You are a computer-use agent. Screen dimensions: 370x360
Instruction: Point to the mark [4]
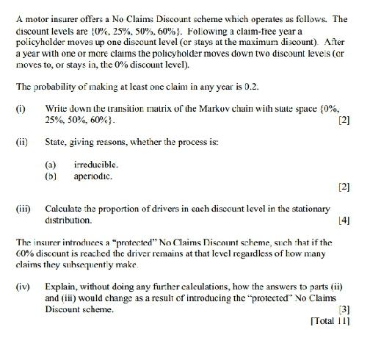pyautogui.click(x=344, y=220)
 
